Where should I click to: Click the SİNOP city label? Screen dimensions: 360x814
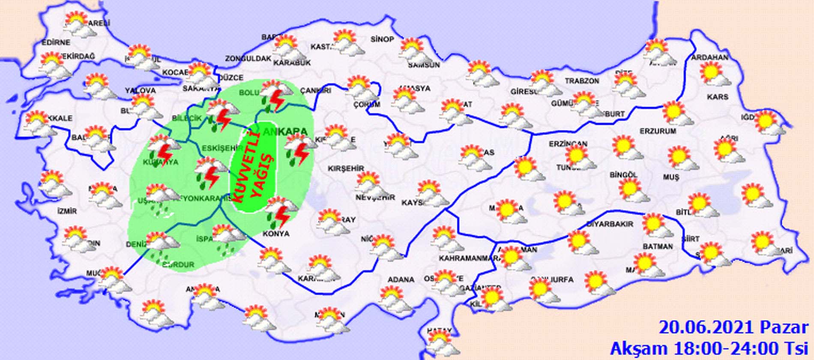click(382, 39)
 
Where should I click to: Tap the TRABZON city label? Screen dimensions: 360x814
click(581, 81)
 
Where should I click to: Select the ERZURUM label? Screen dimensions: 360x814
click(658, 131)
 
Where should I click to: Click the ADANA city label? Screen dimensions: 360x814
click(401, 279)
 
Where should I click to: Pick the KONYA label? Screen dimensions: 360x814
click(277, 234)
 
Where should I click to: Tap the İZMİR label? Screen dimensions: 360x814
click(67, 211)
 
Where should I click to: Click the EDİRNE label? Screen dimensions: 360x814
click(56, 42)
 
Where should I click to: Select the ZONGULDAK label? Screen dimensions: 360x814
click(248, 58)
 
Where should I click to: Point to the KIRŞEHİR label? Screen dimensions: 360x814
click(346, 168)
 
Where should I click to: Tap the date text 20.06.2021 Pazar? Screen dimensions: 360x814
click(733, 327)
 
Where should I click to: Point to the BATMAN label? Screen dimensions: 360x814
click(657, 246)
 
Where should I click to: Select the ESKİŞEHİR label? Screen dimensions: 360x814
click(216, 148)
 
